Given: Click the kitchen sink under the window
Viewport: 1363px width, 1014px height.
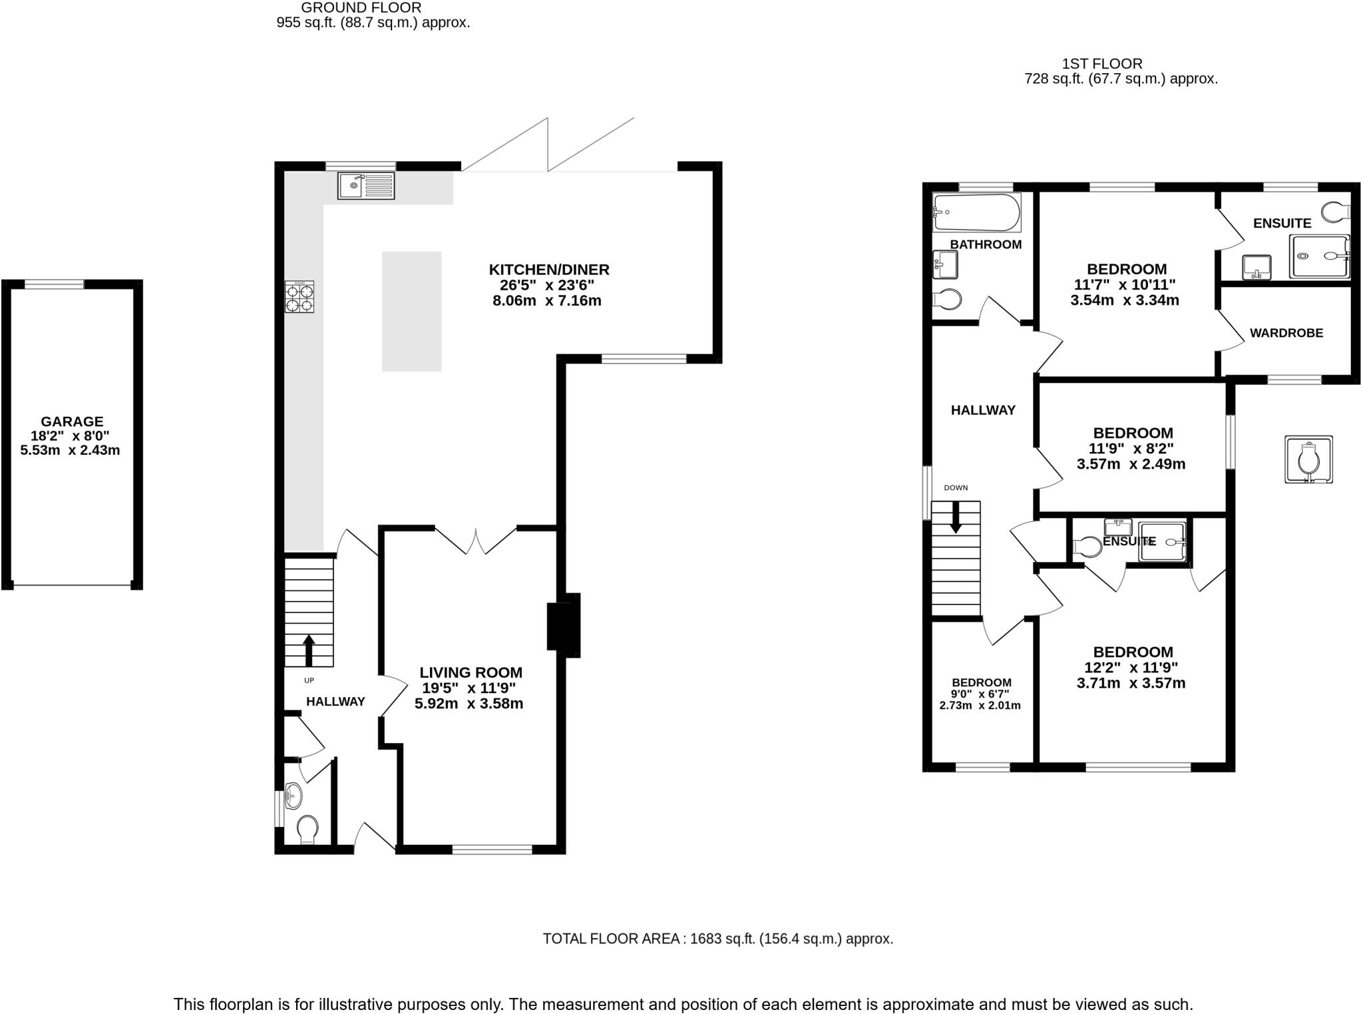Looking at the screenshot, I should [366, 185].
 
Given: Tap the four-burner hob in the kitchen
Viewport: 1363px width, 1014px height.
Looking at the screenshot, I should [299, 298].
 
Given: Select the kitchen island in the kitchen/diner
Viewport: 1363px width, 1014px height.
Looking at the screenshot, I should [411, 311].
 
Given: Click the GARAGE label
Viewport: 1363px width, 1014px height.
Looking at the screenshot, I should [72, 421].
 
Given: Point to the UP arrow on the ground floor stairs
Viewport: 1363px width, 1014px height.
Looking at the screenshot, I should [309, 650].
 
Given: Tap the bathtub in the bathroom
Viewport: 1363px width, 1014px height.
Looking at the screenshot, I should [976, 212].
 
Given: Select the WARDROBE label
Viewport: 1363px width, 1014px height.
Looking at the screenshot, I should [1286, 333].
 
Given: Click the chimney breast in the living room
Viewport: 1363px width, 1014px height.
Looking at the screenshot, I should [563, 626].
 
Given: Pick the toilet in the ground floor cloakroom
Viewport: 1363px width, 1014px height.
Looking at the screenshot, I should [307, 830].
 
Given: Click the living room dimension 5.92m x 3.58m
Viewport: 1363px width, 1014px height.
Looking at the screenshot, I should [469, 704].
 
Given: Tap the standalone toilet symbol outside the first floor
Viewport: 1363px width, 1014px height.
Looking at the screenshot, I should [1308, 459].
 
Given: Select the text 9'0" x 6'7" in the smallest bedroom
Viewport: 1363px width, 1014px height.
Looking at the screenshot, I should [980, 694].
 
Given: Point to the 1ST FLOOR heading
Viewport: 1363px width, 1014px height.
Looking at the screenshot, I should [1101, 64].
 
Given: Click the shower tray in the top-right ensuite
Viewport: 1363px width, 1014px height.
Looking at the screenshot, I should [1319, 256].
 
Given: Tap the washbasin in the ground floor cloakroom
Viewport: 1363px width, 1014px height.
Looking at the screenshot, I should [292, 794].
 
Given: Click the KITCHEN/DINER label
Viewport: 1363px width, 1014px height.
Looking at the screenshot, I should [549, 270].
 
